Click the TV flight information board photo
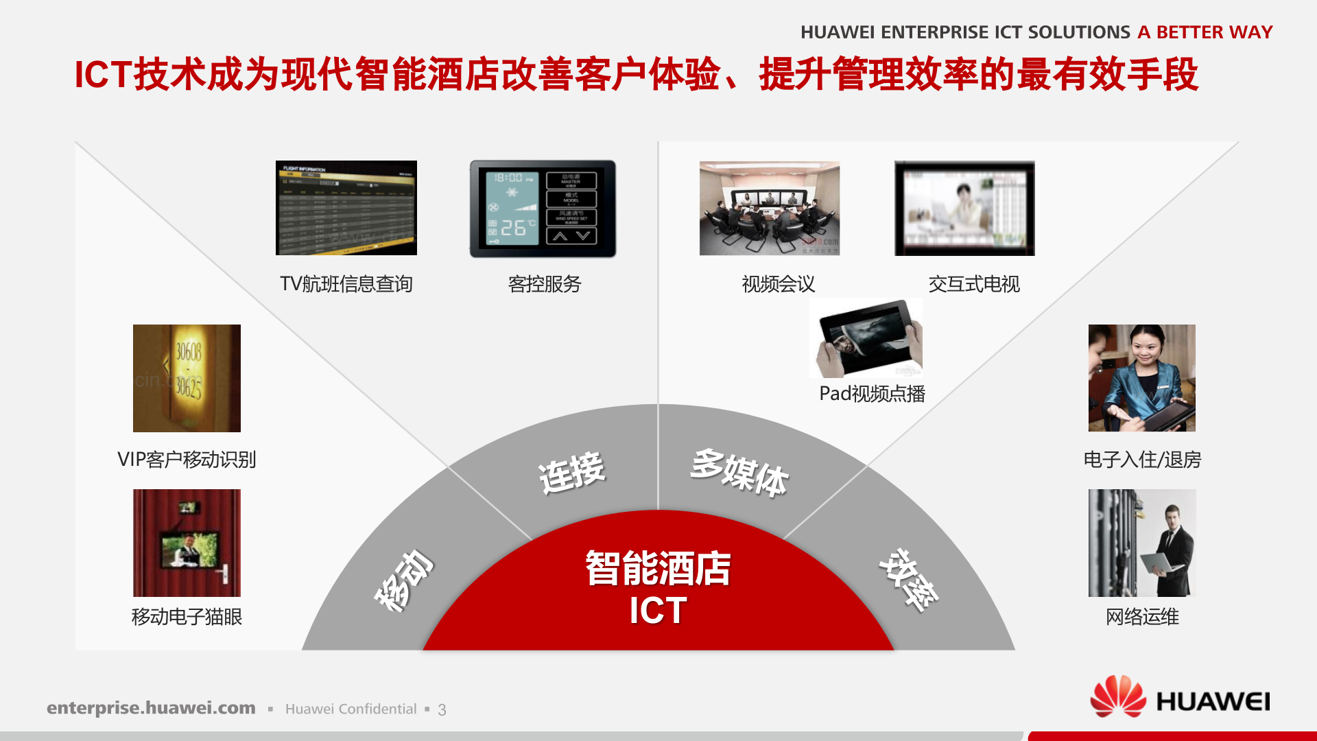click(x=346, y=208)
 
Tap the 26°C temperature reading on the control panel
click(x=513, y=228)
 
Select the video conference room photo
click(x=769, y=208)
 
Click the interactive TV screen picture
click(x=964, y=208)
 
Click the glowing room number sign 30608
click(x=188, y=353)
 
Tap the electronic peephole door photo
click(x=187, y=542)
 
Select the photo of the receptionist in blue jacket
click(x=1141, y=377)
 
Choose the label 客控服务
click(x=545, y=284)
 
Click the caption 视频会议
click(x=778, y=284)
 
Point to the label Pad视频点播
click(x=872, y=394)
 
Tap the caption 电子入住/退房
click(x=1142, y=460)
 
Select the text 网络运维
click(x=1142, y=617)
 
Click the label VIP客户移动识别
click(x=187, y=460)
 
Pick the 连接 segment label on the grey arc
click(x=571, y=473)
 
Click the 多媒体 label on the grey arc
click(x=739, y=473)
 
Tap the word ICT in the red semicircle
click(x=658, y=610)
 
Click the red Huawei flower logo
click(x=1117, y=696)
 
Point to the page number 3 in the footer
click(x=442, y=710)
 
